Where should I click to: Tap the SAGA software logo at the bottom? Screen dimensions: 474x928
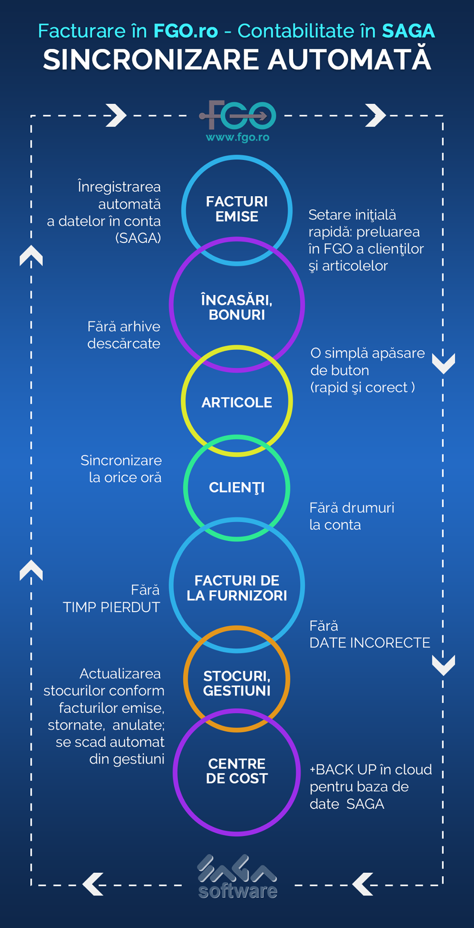click(x=238, y=877)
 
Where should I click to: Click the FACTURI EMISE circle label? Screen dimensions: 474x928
click(x=237, y=209)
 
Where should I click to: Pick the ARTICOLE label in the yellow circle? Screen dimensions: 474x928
click(x=237, y=402)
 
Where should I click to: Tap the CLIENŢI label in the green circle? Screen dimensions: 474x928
click(x=237, y=488)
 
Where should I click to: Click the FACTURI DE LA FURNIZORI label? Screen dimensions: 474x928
click(x=237, y=588)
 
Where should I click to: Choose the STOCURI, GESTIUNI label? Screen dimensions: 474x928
click(x=237, y=683)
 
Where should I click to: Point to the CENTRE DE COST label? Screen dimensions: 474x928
click(x=237, y=771)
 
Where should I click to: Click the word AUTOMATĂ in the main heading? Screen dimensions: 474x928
click(x=349, y=60)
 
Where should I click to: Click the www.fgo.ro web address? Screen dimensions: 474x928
click(x=238, y=137)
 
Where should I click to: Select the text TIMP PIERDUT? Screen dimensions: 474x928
click(x=111, y=607)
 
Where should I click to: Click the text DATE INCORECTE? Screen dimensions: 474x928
click(x=370, y=643)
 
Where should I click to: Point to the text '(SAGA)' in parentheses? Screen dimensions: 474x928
click(x=138, y=238)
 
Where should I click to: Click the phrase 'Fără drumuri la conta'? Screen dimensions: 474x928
click(x=352, y=516)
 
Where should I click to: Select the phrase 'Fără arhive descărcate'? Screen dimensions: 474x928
click(x=123, y=335)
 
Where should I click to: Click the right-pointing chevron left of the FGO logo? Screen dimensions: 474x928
click(x=116, y=115)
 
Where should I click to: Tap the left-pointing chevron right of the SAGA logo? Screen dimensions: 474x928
click(x=363, y=884)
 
